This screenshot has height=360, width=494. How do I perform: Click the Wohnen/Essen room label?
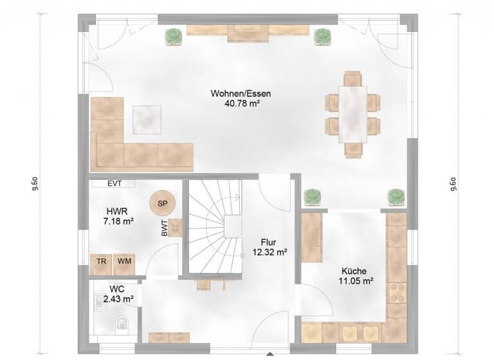(240, 94)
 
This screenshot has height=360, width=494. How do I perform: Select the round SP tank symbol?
(162, 204)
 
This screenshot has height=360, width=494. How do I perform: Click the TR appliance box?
(101, 262)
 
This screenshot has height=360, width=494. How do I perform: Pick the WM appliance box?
(124, 262)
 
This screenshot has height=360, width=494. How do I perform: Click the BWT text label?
(165, 228)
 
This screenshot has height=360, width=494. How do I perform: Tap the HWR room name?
(118, 211)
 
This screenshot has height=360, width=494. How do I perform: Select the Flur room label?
(269, 243)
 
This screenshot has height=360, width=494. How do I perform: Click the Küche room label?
(356, 271)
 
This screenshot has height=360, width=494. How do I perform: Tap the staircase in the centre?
(215, 228)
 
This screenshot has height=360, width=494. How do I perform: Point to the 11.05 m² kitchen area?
(356, 281)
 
